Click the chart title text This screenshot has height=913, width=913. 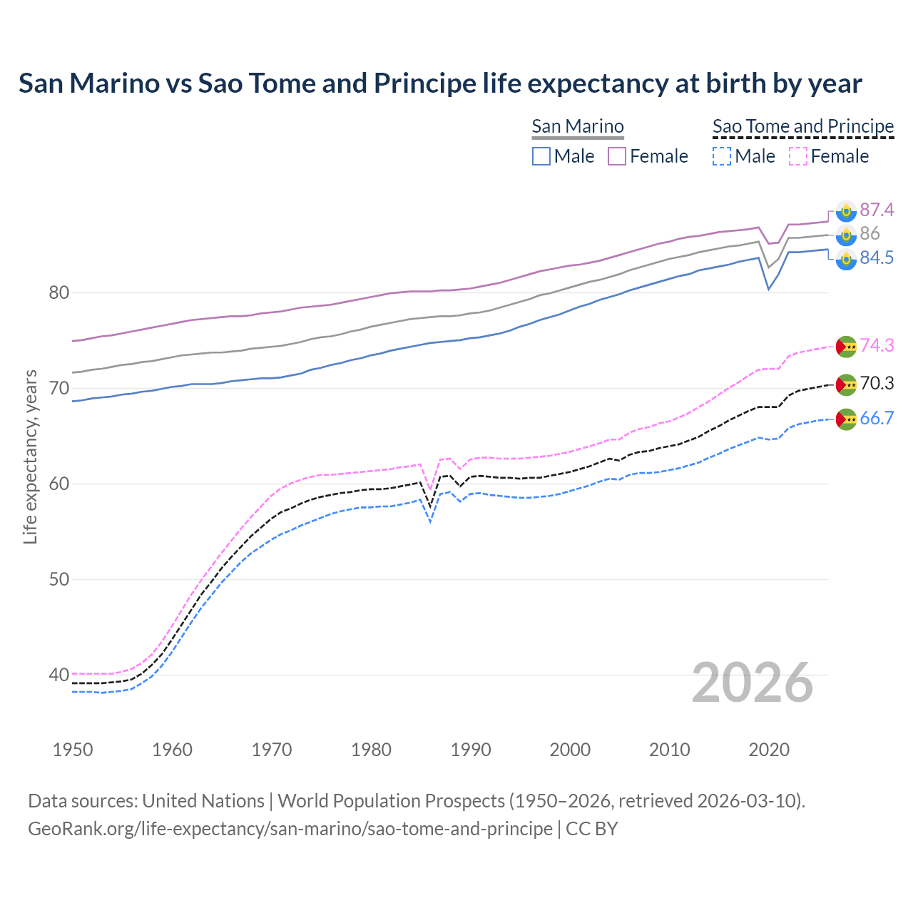click(440, 83)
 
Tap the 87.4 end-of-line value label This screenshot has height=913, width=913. click(876, 210)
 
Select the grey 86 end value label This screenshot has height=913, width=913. click(869, 234)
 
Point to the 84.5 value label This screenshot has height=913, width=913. click(876, 258)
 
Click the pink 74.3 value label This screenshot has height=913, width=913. click(876, 346)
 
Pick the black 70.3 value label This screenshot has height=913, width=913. click(876, 384)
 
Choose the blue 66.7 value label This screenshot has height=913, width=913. click(876, 419)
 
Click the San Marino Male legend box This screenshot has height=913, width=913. click(541, 156)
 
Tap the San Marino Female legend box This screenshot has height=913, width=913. click(617, 156)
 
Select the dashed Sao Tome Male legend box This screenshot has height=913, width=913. click(722, 156)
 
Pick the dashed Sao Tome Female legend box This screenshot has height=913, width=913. click(798, 156)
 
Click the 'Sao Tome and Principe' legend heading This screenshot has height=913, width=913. click(803, 126)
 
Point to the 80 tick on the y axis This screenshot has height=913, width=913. click(59, 293)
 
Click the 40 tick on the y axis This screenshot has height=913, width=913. click(59, 675)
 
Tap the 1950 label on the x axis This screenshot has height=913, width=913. click(73, 750)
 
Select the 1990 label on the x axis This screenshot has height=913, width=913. click(471, 750)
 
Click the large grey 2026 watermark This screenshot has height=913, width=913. click(753, 683)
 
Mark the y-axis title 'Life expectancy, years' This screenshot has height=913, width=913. click(30, 456)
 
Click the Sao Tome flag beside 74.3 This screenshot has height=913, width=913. click(846, 346)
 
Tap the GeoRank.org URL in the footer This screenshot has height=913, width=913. click(290, 829)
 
